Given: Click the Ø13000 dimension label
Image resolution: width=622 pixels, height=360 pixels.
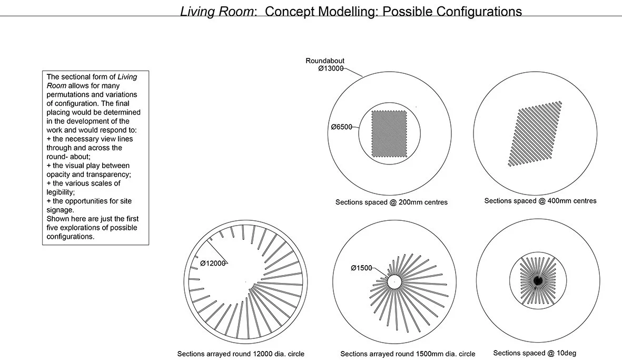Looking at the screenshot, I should (x=331, y=69).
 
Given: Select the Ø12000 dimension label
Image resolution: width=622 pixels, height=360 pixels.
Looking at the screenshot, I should (x=213, y=263).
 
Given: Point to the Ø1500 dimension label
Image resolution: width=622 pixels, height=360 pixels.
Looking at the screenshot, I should (x=361, y=268).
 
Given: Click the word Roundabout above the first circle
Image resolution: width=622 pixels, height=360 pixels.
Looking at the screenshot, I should (x=325, y=61).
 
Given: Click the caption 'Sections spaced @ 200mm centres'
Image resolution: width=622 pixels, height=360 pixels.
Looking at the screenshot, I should (x=391, y=202).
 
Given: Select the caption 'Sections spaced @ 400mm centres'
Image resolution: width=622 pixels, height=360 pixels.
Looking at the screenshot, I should (x=540, y=201).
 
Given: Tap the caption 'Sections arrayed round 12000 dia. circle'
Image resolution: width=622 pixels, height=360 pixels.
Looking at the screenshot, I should (x=241, y=354).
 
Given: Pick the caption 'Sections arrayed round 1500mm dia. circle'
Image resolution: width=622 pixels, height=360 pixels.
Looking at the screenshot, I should (x=408, y=354).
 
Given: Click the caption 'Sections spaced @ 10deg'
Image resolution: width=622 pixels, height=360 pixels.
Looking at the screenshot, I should (x=534, y=353).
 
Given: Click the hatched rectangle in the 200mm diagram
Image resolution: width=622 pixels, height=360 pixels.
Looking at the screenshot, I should (x=390, y=133).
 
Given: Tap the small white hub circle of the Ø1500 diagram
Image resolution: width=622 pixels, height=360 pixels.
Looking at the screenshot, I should (x=394, y=282).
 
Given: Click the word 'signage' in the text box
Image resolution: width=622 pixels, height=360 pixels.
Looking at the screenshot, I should (x=59, y=210).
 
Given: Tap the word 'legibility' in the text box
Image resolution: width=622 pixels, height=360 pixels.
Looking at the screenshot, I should (x=61, y=192).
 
